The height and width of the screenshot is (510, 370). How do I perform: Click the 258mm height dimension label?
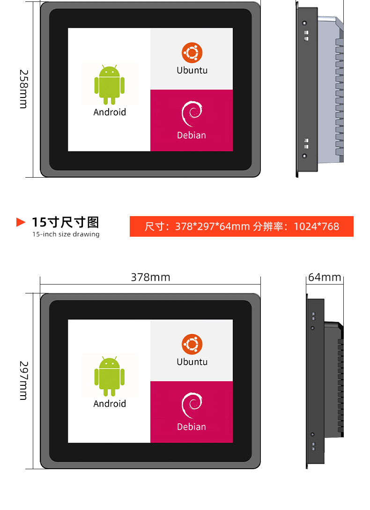coord(24,89)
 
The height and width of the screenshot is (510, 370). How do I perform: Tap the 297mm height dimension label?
coord(24,381)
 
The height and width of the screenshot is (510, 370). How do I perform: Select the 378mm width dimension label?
coord(150,277)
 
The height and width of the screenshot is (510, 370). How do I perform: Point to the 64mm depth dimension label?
coord(325,277)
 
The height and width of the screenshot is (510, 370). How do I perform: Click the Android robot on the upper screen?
coord(110,84)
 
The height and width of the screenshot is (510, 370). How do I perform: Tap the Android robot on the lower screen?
coord(110,376)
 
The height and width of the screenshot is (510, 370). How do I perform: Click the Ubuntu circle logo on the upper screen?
coord(192,52)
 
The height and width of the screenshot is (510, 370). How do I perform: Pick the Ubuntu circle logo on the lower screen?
coord(192,344)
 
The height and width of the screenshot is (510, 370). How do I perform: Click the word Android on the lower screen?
coord(110,404)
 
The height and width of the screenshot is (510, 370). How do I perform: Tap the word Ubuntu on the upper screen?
coord(192,70)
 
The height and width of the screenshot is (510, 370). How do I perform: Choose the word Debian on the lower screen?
coord(192,427)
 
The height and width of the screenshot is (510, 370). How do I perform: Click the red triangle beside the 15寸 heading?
coord(20,222)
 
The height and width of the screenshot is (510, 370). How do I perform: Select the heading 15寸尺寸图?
coord(65,223)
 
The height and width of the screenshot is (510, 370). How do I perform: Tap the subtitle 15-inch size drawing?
coord(66,234)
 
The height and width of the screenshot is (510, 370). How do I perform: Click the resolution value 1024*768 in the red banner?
coord(317,226)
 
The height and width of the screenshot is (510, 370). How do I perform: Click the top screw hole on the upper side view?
coord(304,23)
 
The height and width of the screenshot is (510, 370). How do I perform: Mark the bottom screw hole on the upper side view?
coord(304,156)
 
